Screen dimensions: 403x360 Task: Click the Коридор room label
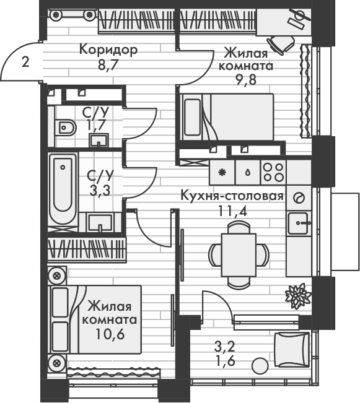[x=108, y=49]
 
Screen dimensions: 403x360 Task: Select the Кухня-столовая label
[x=231, y=196]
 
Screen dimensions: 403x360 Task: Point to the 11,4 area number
[x=231, y=210]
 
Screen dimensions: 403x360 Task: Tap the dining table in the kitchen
[x=239, y=253]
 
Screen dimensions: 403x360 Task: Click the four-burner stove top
[x=273, y=171]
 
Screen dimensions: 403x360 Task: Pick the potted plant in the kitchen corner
[x=298, y=295]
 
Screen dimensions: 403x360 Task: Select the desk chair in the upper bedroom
[x=284, y=43]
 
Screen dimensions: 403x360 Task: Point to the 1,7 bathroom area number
[x=95, y=126]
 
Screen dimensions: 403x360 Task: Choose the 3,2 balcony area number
[x=224, y=347]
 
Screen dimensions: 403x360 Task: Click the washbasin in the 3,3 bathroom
[x=100, y=221]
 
